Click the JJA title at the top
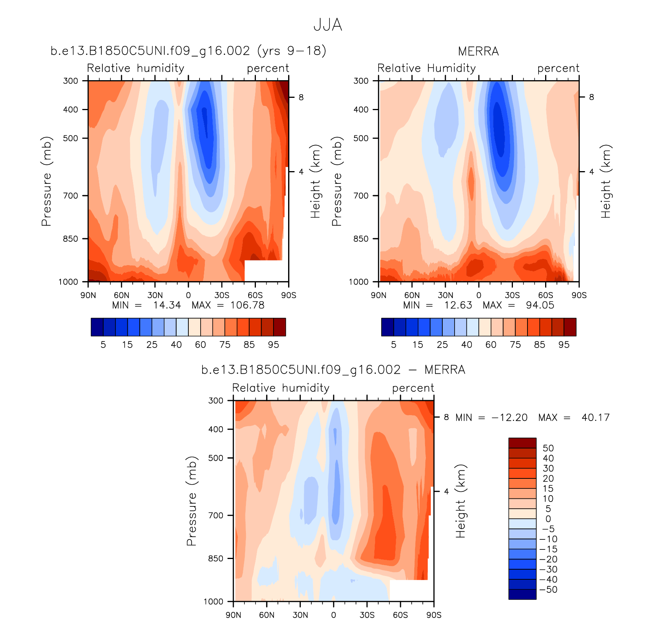328,25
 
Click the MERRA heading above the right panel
478,51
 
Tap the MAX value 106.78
247,305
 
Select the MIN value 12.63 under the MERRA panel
458,305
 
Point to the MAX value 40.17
595,417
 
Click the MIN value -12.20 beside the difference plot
509,417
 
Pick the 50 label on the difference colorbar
548,448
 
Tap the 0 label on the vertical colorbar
548,519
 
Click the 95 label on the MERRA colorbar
564,345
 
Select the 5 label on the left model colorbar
103,345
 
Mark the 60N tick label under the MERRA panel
412,295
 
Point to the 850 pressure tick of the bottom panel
216,559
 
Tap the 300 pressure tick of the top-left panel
71,81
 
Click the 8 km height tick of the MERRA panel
591,97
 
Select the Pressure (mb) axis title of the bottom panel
191,501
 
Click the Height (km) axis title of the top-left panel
315,181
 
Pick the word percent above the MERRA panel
558,68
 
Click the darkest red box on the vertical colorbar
522,443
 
